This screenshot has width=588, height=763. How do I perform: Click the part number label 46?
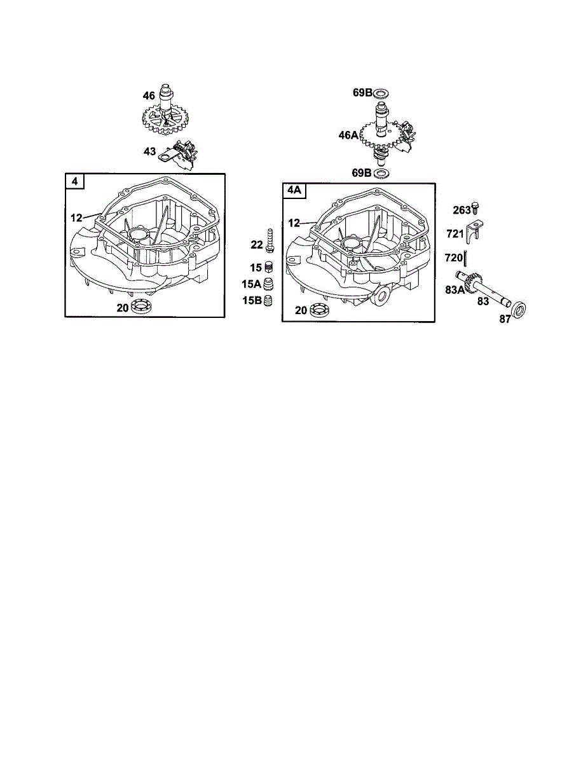pos(149,96)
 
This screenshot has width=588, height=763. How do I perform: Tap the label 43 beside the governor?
pos(149,152)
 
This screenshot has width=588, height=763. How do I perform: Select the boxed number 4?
pos(74,182)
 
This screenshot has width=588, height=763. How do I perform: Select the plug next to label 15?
pos(269,268)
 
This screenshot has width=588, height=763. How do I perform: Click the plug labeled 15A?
pos(269,284)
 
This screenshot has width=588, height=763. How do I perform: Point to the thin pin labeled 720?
pos(467,259)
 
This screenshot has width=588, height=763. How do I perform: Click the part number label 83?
pos(484,301)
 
